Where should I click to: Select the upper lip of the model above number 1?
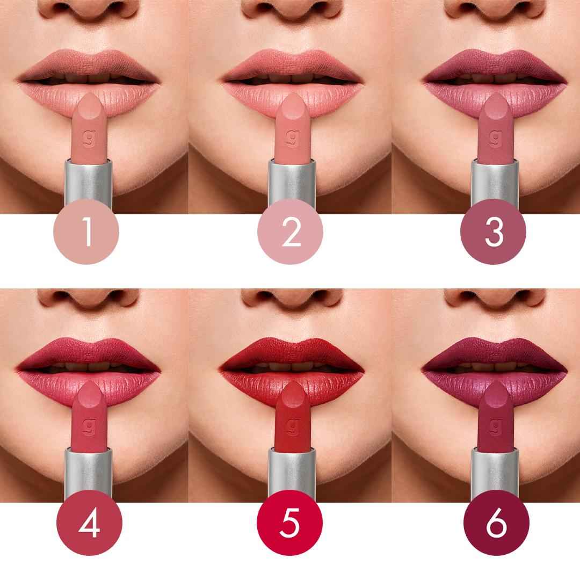tap(89, 63)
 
